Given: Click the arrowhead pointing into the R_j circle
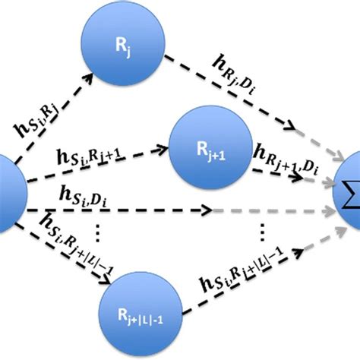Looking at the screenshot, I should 90,76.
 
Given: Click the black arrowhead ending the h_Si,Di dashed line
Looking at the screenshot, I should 208,207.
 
